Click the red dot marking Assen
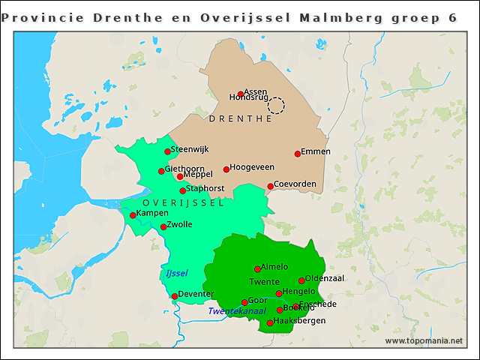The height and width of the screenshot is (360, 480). pyautogui.click(x=241, y=94)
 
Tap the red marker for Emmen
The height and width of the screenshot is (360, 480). pyautogui.click(x=298, y=154)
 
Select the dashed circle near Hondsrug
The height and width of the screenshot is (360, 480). pyautogui.click(x=276, y=105)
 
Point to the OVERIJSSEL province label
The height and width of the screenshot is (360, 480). pyautogui.click(x=183, y=204)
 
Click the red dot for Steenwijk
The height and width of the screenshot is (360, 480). pyautogui.click(x=168, y=151)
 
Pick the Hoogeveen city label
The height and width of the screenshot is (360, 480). pyautogui.click(x=252, y=167)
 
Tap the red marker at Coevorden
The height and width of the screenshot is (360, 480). pyautogui.click(x=271, y=187)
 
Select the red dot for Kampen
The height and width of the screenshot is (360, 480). pyautogui.click(x=133, y=215)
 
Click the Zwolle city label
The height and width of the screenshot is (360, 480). pyautogui.click(x=180, y=224)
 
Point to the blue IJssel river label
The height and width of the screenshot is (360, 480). pyautogui.click(x=176, y=273)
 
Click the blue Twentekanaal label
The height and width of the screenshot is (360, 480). pyautogui.click(x=237, y=311)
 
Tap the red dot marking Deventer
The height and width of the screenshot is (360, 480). pyautogui.click(x=175, y=296)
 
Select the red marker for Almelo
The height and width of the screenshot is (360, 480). pyautogui.click(x=257, y=268)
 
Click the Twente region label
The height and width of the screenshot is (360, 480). pyautogui.click(x=264, y=282)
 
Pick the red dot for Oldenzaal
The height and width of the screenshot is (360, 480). pyautogui.click(x=301, y=281)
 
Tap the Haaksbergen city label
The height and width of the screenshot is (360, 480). pyautogui.click(x=300, y=321)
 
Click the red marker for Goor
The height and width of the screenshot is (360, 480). pyautogui.click(x=244, y=302)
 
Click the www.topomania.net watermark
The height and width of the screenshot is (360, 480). pyautogui.click(x=424, y=341)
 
